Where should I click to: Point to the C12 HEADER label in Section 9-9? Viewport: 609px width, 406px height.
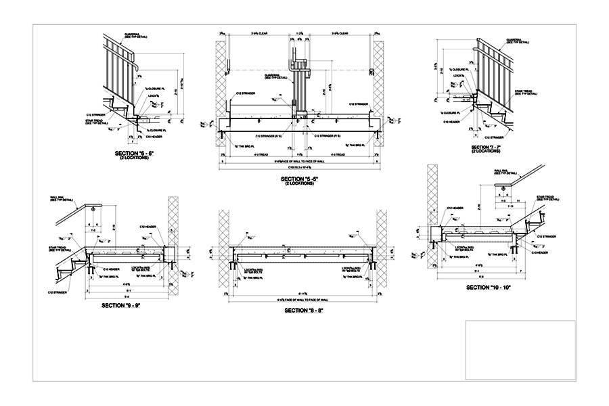[148, 227]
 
